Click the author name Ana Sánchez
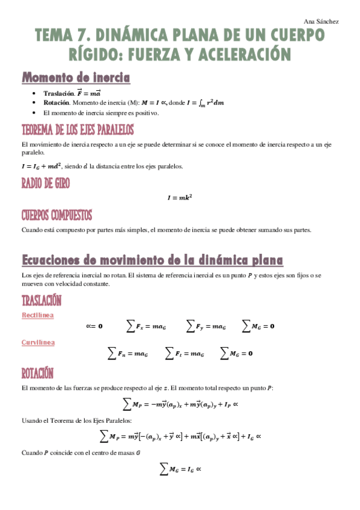(322, 22)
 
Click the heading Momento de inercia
(76, 78)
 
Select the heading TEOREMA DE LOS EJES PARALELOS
(78, 130)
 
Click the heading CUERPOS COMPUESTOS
(56, 215)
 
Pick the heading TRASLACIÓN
(41, 300)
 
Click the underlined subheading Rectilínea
(38, 315)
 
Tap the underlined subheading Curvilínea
(38, 342)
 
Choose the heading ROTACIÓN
(38, 373)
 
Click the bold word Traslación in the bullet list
(59, 93)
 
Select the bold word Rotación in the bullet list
(58, 103)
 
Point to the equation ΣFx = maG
(145, 327)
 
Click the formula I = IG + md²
(42, 166)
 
